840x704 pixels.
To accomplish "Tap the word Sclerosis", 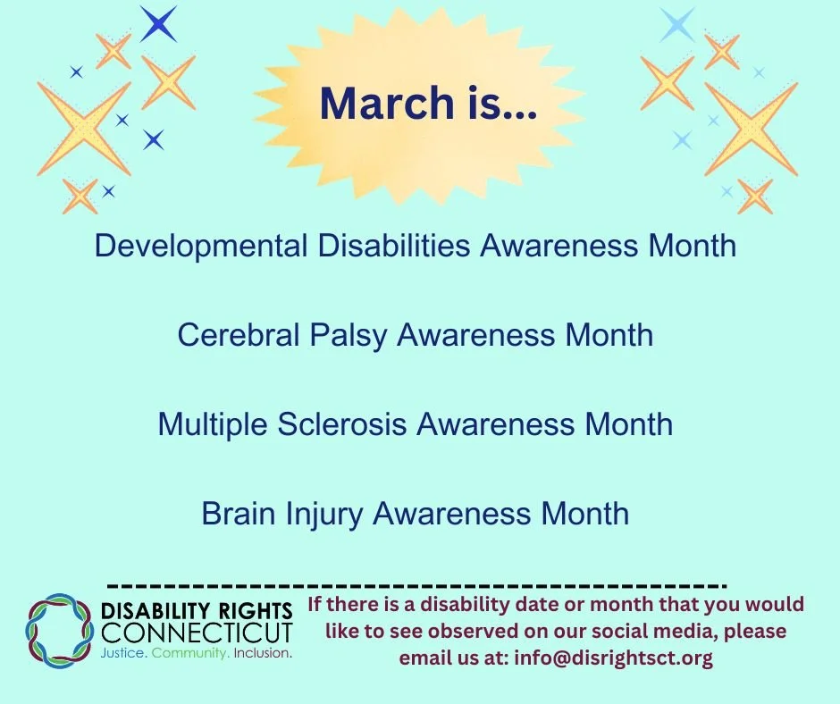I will pos(352,424).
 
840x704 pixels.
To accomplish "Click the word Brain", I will pos(237,514).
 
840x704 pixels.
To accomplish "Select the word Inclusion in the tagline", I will pos(263,654).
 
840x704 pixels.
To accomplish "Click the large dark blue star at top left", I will pos(159,24).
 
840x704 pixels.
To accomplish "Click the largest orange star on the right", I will pos(751,128).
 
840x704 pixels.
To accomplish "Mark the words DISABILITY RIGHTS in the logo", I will pos(197,612).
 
